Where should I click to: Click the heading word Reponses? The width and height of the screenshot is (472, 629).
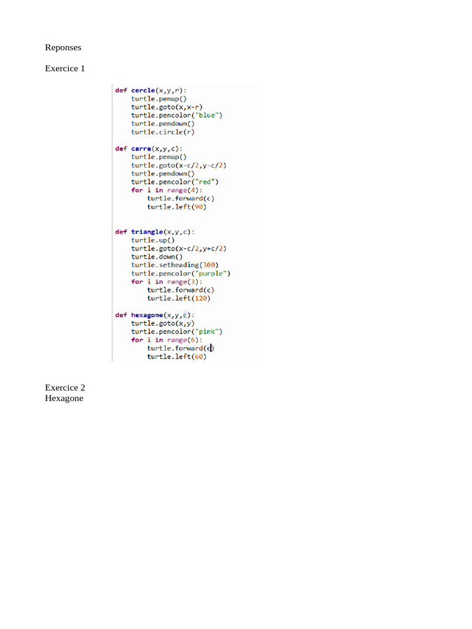tap(63, 47)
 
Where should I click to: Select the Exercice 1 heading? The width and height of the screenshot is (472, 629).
tap(65, 68)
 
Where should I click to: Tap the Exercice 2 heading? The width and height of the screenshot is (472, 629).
tap(65, 388)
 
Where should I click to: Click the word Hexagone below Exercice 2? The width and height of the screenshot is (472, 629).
tap(64, 398)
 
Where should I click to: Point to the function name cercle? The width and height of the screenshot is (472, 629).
tap(143, 90)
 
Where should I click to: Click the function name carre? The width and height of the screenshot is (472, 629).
tap(141, 149)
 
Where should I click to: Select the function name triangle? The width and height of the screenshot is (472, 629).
tap(147, 232)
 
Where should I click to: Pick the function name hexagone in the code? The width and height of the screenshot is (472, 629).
tap(147, 315)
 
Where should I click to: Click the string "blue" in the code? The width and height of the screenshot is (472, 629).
tap(206, 115)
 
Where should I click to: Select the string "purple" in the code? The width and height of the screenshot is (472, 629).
tap(213, 273)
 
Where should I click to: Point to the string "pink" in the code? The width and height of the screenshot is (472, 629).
tap(209, 331)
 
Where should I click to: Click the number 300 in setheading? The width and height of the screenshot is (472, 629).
tap(209, 265)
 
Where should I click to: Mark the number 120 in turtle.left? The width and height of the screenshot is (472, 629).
tap(201, 298)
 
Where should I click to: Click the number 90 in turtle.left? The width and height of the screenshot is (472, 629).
tap(199, 206)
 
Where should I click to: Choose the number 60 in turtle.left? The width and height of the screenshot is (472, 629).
tap(199, 356)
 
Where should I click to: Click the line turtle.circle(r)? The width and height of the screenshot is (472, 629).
tap(162, 132)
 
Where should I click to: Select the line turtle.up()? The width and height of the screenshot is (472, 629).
tap(153, 240)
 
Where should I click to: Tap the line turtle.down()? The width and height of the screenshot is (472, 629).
tap(157, 257)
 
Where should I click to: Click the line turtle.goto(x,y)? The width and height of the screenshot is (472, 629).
tap(162, 323)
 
